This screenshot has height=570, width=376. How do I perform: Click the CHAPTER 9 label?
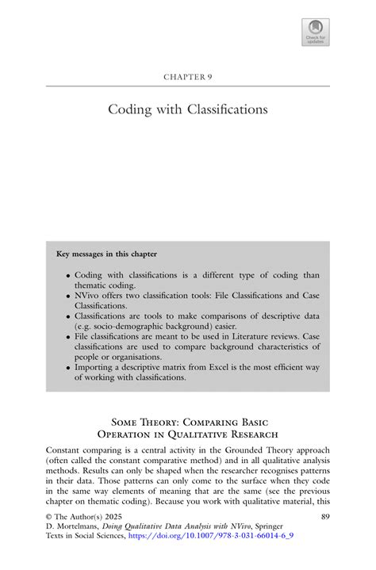[x=187, y=77]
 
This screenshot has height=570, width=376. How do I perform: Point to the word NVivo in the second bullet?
[x=90, y=293]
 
